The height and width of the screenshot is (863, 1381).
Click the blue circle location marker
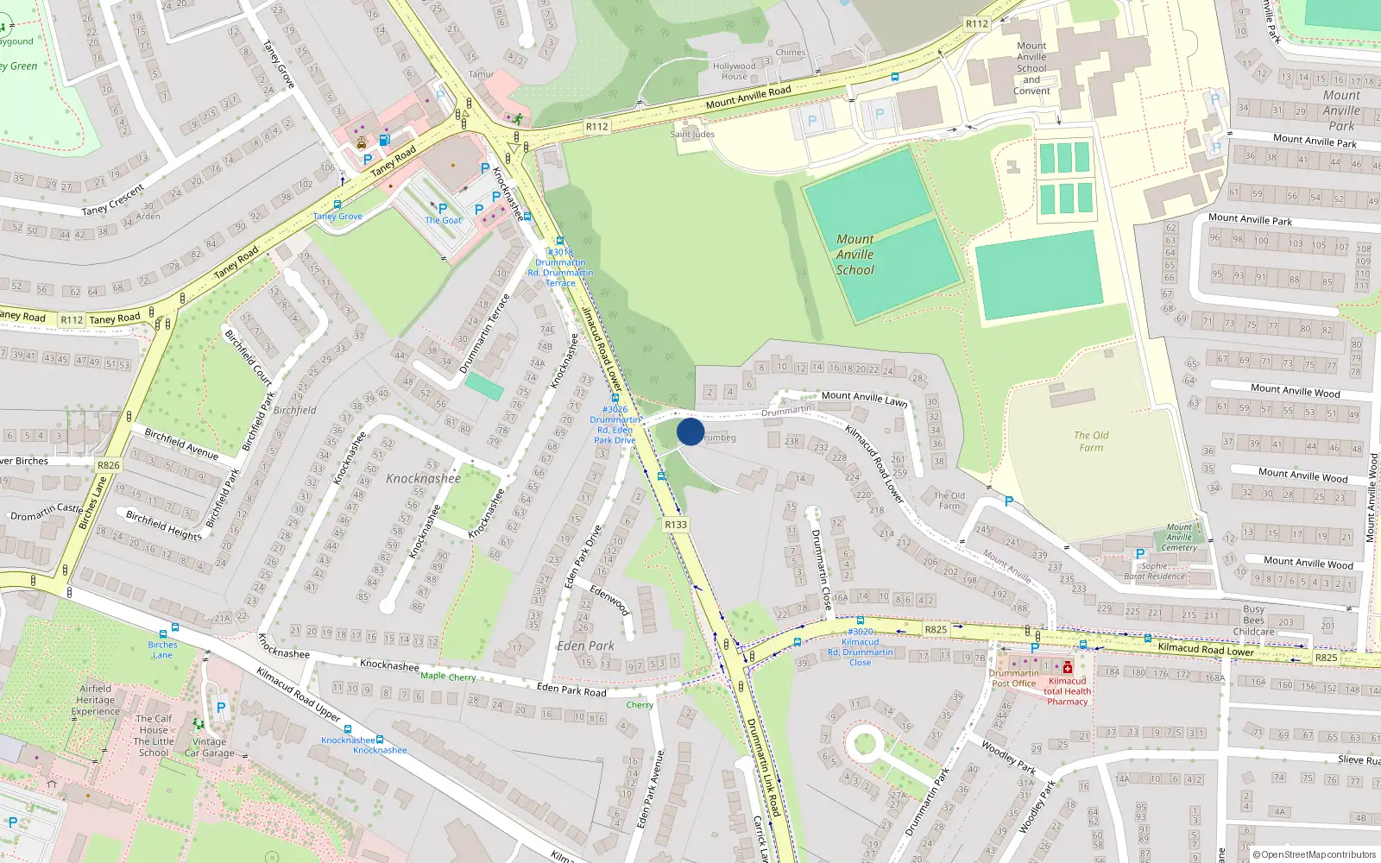tap(690, 431)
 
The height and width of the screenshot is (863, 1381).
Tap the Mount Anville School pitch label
tap(854, 255)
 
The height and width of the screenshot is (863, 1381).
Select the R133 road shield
tap(676, 525)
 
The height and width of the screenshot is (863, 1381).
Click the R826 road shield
tap(109, 465)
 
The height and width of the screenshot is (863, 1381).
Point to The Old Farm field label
tap(1091, 441)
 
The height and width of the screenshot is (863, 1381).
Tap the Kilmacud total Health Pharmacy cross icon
tap(1068, 667)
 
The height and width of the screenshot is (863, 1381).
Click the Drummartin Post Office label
tap(1013, 678)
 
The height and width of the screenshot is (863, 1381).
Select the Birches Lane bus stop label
tap(162, 650)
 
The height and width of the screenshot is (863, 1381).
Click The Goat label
tap(443, 220)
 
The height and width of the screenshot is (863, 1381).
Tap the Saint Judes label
tap(692, 134)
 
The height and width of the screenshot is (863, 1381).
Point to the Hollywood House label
tap(735, 71)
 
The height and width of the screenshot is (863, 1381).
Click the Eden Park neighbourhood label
tap(585, 646)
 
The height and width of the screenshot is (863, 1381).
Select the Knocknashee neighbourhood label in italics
tap(423, 478)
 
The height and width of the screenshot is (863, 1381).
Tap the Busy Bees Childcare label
tap(1253, 620)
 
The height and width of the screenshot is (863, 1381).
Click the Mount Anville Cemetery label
tap(1179, 537)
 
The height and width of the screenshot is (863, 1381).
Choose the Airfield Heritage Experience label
tap(95, 700)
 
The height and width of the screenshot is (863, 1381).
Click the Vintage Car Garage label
tap(209, 747)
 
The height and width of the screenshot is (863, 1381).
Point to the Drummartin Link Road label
tap(763, 766)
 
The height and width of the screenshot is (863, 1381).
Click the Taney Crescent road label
tap(112, 199)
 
